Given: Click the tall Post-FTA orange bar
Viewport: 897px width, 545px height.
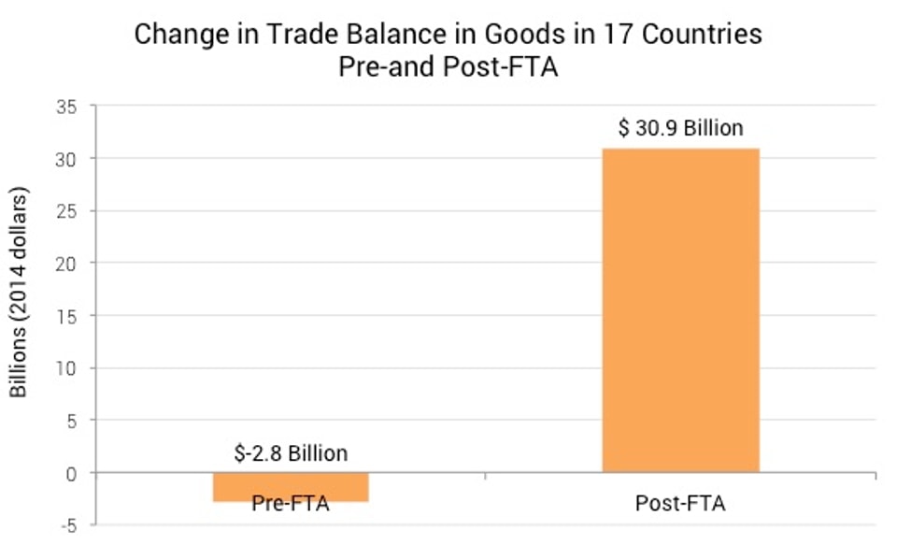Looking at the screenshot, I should pos(680,309).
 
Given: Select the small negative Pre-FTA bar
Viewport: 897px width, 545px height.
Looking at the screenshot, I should pos(291,487).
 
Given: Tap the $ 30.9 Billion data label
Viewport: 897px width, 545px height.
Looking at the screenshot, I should pos(680,128).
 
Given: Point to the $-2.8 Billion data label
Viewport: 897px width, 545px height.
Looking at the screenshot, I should pos(291,453).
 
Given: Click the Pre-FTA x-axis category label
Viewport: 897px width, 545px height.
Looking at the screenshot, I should pos(291,504).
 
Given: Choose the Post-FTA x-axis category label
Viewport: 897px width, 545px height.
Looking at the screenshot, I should pos(680,504).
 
